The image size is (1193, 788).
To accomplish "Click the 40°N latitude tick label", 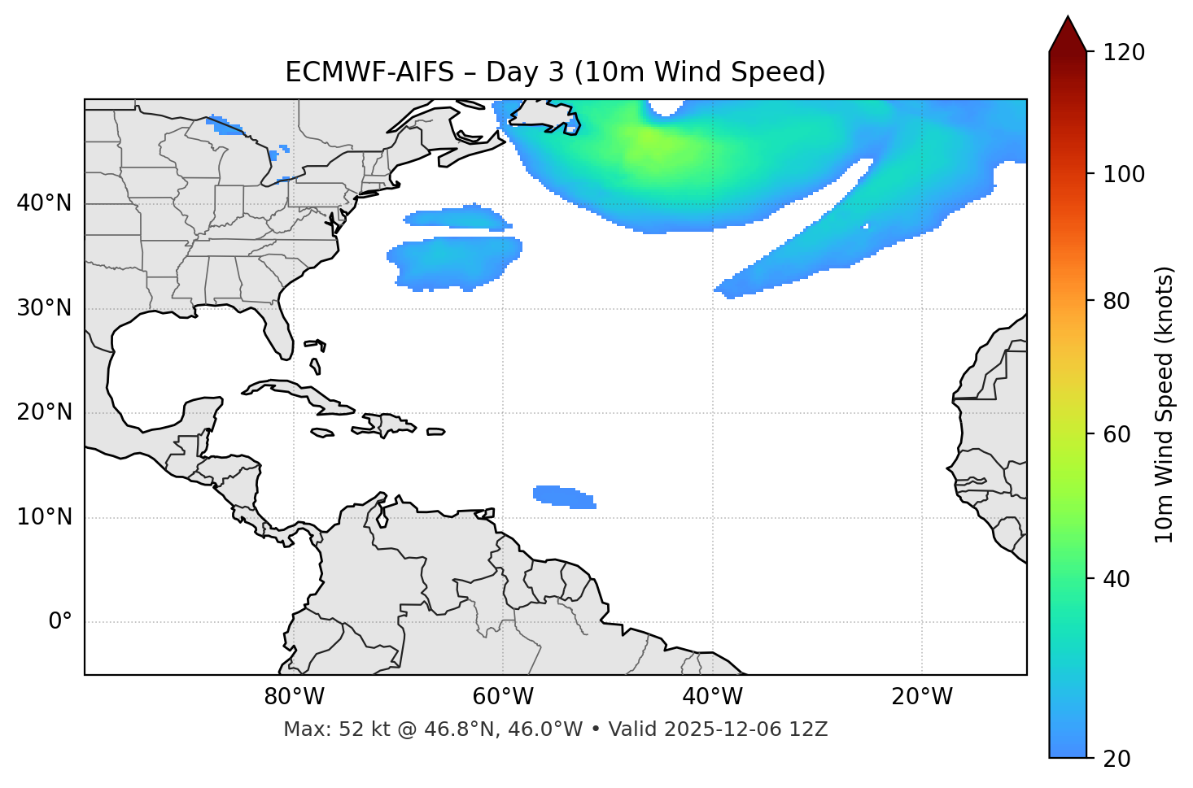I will [44, 203].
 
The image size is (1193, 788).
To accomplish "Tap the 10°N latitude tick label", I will [44, 517].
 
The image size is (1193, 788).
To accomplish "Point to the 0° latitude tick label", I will [60, 622].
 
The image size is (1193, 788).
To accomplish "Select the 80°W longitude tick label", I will [294, 697].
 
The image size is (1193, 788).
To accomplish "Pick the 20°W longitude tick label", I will [922, 697].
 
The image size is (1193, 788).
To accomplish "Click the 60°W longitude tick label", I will [503, 697].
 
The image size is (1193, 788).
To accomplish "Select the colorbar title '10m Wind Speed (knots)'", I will [1165, 404].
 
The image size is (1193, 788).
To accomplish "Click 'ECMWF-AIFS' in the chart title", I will [369, 72].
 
